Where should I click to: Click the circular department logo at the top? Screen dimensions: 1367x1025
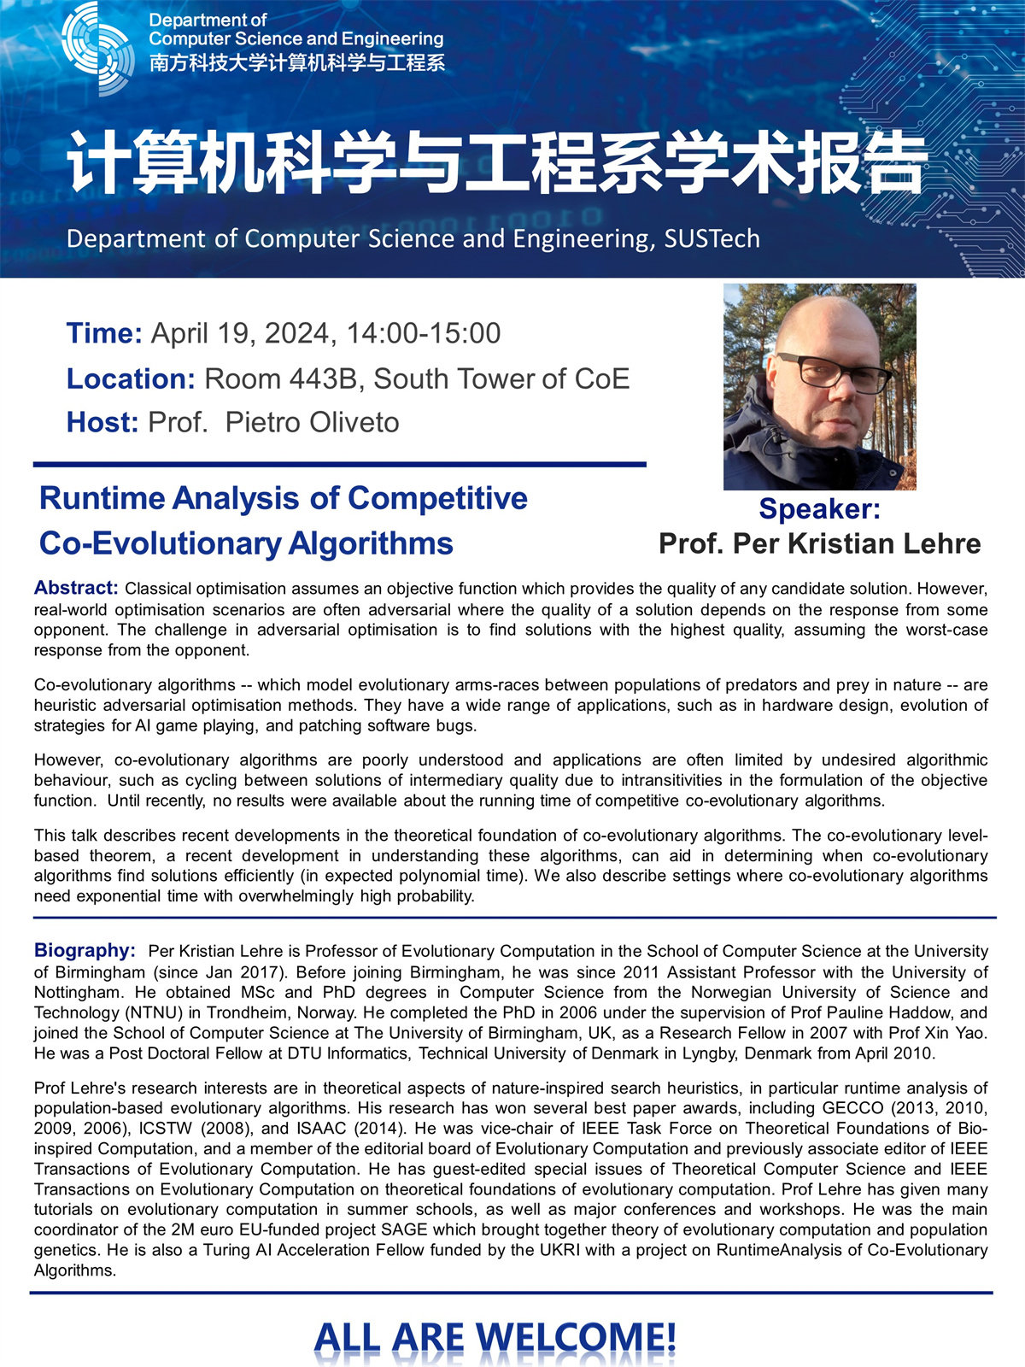(x=97, y=48)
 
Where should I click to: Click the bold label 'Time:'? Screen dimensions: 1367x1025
(x=104, y=333)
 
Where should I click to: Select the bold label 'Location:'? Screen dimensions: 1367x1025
(x=132, y=378)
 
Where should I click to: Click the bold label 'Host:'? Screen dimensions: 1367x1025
(x=102, y=422)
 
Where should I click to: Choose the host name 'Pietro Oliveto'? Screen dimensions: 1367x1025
(x=313, y=422)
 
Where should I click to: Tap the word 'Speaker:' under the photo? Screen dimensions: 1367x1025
(x=819, y=508)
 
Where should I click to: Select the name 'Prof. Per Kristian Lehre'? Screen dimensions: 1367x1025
(x=819, y=543)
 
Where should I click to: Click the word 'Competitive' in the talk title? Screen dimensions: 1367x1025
(x=437, y=498)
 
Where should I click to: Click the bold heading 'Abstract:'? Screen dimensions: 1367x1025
(x=76, y=588)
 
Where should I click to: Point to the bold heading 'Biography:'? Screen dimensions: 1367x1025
(x=85, y=950)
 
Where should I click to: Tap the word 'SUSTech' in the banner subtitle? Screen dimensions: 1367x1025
(x=712, y=238)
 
